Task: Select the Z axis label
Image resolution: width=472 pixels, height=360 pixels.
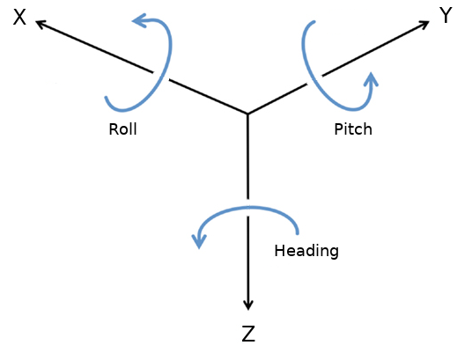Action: pos(248,334)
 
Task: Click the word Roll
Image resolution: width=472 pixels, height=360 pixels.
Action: pos(122,129)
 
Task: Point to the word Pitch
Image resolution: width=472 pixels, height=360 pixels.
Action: pos(352,129)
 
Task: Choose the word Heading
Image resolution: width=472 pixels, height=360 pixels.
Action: pos(306,251)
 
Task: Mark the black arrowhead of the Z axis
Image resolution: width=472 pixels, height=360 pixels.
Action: pos(248,304)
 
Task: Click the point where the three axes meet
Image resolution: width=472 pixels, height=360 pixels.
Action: pos(247,114)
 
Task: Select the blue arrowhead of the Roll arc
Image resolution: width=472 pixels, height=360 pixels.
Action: pos(138,20)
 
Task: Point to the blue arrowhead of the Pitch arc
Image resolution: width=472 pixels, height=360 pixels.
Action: pos(372,79)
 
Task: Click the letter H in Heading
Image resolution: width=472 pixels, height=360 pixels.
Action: pos(279,251)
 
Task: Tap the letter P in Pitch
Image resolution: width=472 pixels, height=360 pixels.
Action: pos(339,129)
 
